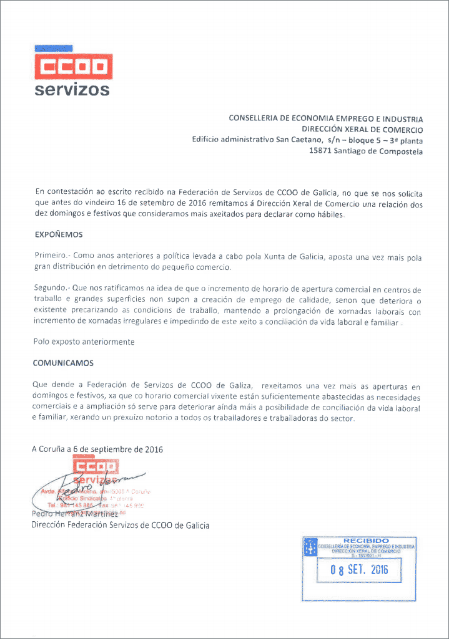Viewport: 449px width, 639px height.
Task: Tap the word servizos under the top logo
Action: click(72, 89)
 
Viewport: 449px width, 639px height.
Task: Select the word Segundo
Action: click(52, 290)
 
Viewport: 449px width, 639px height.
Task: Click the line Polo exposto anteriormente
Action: click(83, 342)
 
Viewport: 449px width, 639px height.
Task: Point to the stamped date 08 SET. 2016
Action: click(359, 569)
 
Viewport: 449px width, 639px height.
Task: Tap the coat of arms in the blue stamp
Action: click(310, 549)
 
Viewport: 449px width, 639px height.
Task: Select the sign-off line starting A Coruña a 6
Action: click(97, 449)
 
